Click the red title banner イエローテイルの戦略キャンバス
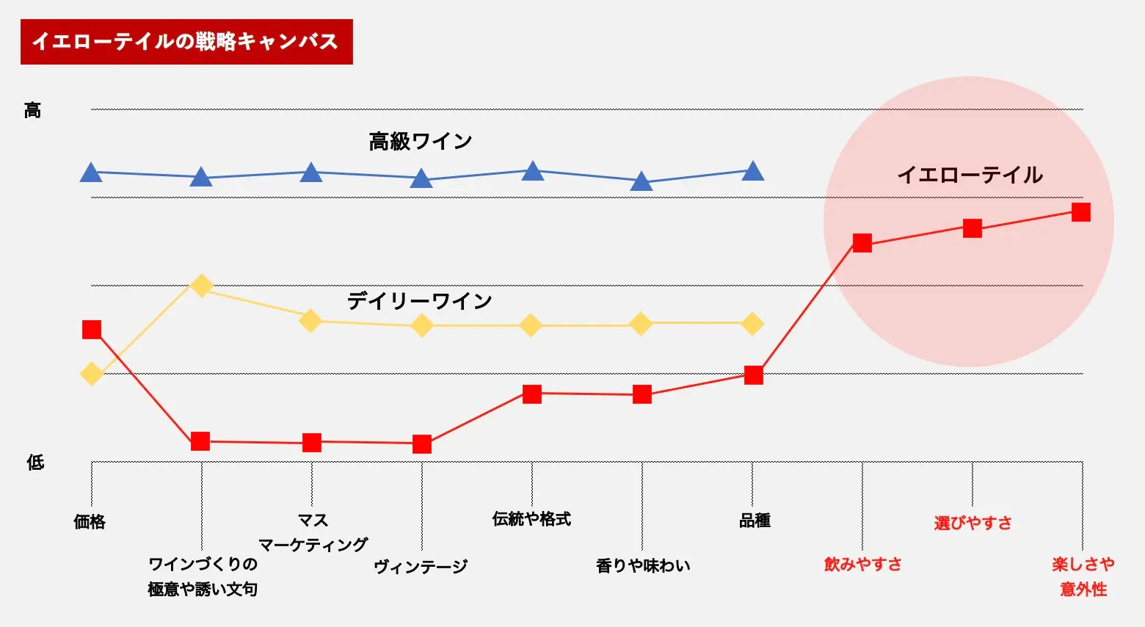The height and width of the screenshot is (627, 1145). click(186, 42)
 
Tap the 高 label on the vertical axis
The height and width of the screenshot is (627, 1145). click(32, 111)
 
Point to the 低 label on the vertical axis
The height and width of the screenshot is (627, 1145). click(35, 463)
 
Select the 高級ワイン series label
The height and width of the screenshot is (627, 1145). click(420, 141)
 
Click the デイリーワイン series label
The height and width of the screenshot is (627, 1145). click(419, 301)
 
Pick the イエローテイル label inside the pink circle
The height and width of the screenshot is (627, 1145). click(970, 175)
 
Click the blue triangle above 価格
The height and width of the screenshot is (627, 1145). click(91, 173)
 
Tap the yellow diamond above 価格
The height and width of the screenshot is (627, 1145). click(91, 374)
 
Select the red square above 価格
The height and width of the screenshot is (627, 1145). click(92, 330)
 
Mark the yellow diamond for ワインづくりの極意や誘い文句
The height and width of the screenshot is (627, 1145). click(202, 286)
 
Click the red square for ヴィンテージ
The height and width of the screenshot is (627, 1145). click(422, 444)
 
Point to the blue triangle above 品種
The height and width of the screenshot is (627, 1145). click(753, 172)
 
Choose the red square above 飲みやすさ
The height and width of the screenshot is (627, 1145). click(862, 243)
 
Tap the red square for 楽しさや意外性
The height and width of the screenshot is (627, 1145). click(1081, 212)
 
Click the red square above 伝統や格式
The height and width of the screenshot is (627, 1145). click(532, 394)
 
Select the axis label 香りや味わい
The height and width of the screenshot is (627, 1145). click(643, 565)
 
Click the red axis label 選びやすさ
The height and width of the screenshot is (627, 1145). click(973, 523)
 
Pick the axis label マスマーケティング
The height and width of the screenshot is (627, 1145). click(313, 533)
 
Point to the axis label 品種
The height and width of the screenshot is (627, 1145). click(755, 521)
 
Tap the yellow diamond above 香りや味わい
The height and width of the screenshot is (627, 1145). click(641, 324)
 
